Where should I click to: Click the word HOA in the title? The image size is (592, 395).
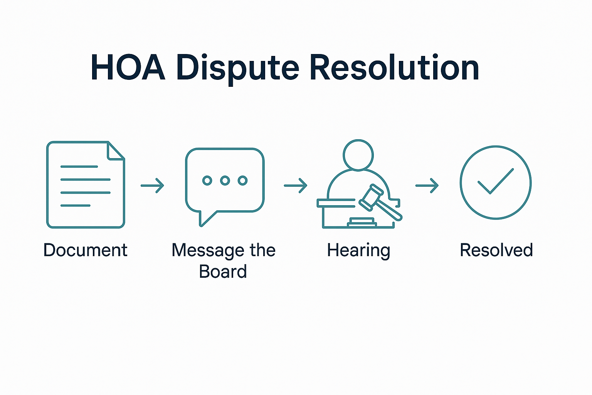coord(128,68)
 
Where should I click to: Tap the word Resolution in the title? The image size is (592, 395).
coord(394,68)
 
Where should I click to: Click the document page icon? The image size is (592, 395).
coord(85,185)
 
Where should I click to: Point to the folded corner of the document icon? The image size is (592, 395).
coord(115,151)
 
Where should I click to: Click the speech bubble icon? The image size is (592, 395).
coord(225,180)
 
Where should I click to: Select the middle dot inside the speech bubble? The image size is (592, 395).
coord(225,180)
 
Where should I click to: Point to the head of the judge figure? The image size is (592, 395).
coord(358,155)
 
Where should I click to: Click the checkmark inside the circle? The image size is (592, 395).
coord(495,181)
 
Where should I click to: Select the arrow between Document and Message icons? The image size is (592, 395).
coord(152,186)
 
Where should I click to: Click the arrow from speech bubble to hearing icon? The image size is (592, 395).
coord(295,186)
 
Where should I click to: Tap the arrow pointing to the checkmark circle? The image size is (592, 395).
coord(427,186)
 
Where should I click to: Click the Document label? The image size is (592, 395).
coord(85,250)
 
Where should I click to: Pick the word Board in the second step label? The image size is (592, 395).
coord(223,272)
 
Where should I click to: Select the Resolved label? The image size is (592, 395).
coord(496,250)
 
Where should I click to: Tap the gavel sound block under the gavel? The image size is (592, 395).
coord(362,221)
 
